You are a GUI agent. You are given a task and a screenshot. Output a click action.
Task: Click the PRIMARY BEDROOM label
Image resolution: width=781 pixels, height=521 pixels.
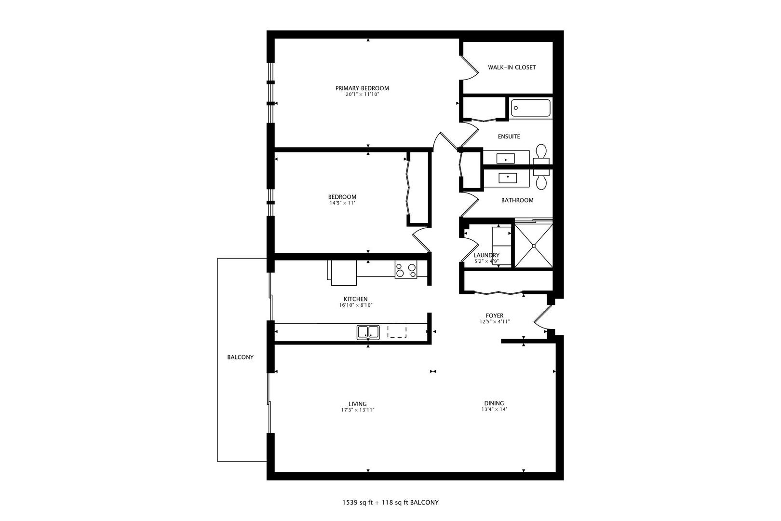tap(362, 88)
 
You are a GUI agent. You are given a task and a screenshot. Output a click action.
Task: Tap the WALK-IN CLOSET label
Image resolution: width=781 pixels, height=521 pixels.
tap(512, 68)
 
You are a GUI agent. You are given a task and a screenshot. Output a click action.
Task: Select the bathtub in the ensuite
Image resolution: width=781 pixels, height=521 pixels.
tap(531, 108)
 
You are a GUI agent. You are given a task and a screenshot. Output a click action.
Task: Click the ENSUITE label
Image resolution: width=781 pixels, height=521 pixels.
tap(509, 137)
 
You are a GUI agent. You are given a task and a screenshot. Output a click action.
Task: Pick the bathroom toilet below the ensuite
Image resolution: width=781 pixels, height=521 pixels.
tap(541, 179)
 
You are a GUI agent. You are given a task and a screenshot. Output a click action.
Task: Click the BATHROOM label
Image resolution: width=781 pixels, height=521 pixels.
tap(517, 200)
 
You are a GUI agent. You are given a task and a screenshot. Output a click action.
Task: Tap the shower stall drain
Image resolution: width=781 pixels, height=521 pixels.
tap(534, 246)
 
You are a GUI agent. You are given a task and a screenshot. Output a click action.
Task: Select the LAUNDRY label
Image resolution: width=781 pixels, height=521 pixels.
tap(486, 256)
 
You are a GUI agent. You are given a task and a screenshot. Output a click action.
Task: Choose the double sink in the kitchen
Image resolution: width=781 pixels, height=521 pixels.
tap(368, 332)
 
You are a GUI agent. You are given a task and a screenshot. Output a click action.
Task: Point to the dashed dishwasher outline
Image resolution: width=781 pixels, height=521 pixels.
tap(397, 331)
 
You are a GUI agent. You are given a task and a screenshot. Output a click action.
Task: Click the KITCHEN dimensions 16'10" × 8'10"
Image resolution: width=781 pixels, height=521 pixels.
tap(356, 305)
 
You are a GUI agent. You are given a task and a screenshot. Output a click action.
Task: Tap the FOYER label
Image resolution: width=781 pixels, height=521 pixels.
tap(495, 316)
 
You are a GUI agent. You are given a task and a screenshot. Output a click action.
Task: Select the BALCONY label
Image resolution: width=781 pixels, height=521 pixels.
tap(240, 357)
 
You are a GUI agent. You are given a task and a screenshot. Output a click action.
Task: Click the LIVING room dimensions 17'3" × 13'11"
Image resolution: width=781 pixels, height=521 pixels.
tap(358, 410)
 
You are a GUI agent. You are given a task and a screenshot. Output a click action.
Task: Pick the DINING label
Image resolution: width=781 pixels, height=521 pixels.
tap(494, 403)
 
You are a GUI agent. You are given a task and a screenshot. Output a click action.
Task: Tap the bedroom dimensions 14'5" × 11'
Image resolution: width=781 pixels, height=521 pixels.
tap(342, 203)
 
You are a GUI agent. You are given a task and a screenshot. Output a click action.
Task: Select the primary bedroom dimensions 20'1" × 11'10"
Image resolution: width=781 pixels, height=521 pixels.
tap(362, 94)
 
